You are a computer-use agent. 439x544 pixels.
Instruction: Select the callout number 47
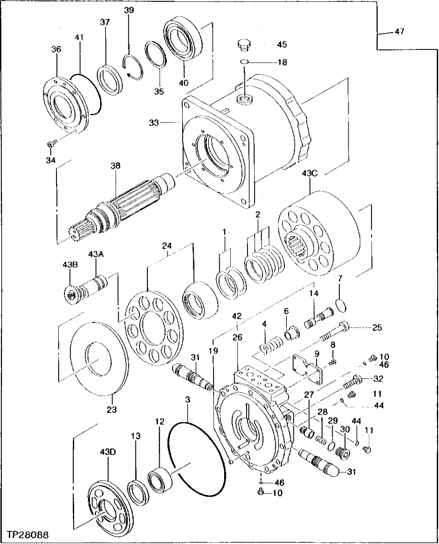[399, 32]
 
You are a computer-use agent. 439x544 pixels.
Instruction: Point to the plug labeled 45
[244, 44]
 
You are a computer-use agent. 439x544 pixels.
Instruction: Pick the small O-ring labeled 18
[244, 62]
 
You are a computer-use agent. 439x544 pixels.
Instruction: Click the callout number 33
[154, 123]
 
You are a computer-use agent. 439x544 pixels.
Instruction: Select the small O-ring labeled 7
[340, 305]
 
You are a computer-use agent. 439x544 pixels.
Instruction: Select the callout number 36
[56, 50]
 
